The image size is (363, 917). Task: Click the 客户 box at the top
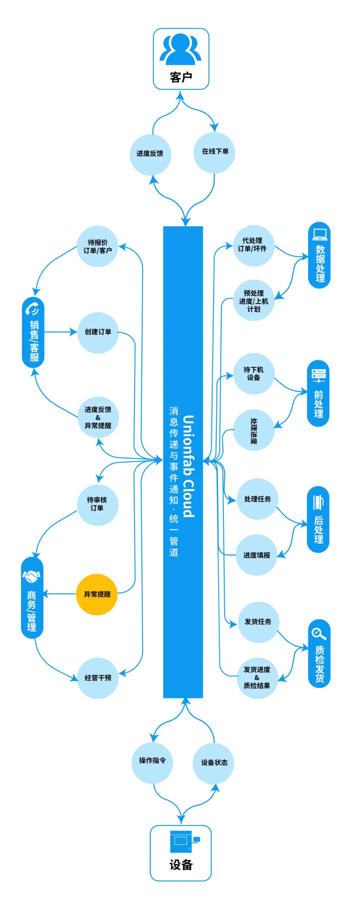tap(181, 59)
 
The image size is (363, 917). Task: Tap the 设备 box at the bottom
tap(180, 853)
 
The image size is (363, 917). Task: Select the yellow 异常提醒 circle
tap(96, 594)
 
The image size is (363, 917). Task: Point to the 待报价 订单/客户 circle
tap(97, 246)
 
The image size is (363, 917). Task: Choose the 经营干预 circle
tap(97, 678)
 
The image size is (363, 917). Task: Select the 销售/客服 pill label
tap(33, 333)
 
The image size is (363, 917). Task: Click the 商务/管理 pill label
tap(32, 598)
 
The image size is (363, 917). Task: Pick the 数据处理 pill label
tap(319, 255)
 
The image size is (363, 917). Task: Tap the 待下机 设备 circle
tap(253, 374)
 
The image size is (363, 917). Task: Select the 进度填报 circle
tap(256, 555)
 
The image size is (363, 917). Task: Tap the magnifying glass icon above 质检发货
tap(319, 634)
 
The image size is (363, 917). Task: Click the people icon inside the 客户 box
tap(180, 49)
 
